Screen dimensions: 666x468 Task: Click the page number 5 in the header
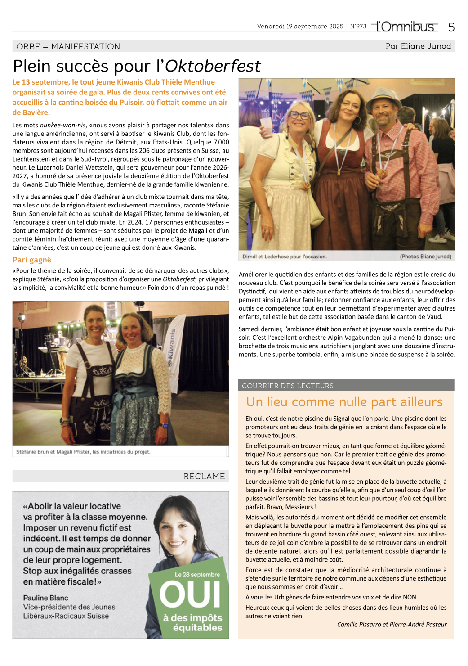click(x=451, y=27)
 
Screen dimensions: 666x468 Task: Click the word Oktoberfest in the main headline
click(x=213, y=66)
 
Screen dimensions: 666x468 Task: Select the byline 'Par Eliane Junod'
click(x=418, y=46)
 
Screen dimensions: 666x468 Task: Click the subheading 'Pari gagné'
click(x=32, y=260)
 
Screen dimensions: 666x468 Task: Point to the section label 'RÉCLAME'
click(x=204, y=476)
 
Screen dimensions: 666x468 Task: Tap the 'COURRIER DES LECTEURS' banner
click(x=288, y=386)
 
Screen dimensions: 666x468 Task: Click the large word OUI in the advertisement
click(x=190, y=594)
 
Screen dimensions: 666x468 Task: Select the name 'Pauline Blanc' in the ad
click(x=46, y=598)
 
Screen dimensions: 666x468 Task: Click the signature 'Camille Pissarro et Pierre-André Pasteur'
click(x=392, y=624)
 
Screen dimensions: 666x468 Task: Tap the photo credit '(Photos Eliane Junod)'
click(x=425, y=256)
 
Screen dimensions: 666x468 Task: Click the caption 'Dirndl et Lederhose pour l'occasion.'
click(x=285, y=256)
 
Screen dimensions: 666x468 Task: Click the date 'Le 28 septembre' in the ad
click(x=197, y=575)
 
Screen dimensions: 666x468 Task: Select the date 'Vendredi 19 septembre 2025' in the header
click(x=300, y=27)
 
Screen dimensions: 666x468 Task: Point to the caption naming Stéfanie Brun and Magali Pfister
click(x=83, y=452)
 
